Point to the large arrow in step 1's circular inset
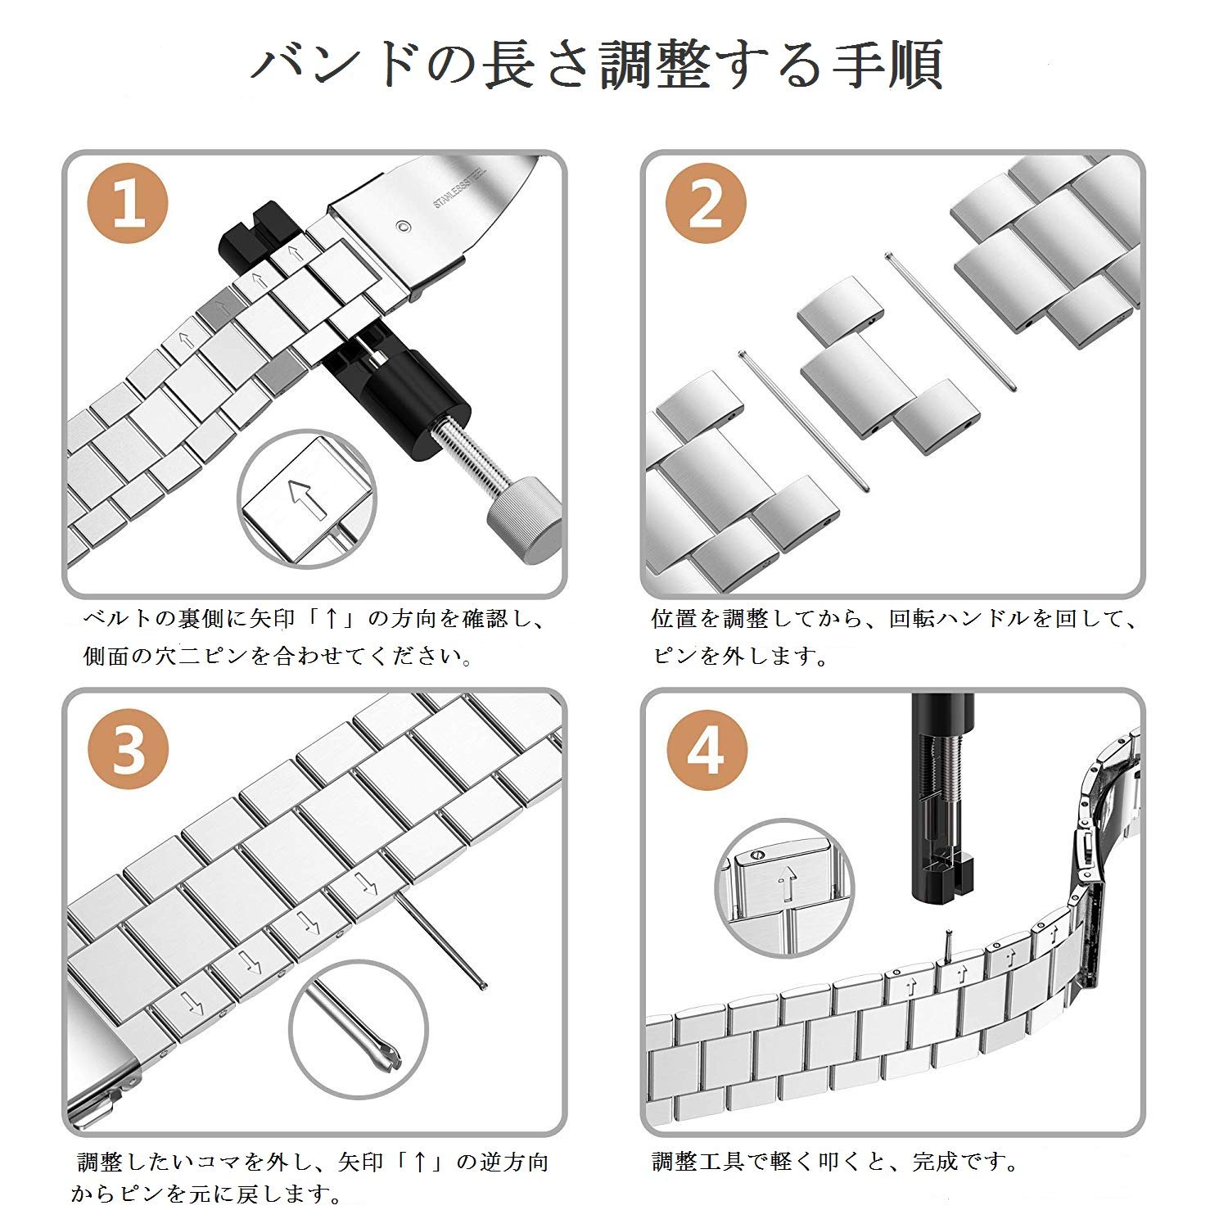click(x=305, y=499)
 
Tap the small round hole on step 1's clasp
click(x=400, y=227)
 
